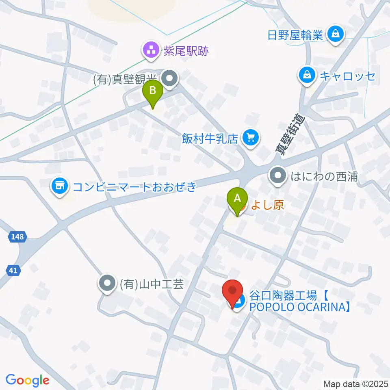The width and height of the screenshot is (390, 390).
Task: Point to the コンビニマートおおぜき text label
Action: pos(134,187)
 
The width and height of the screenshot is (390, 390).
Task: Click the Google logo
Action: pos(27,380)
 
